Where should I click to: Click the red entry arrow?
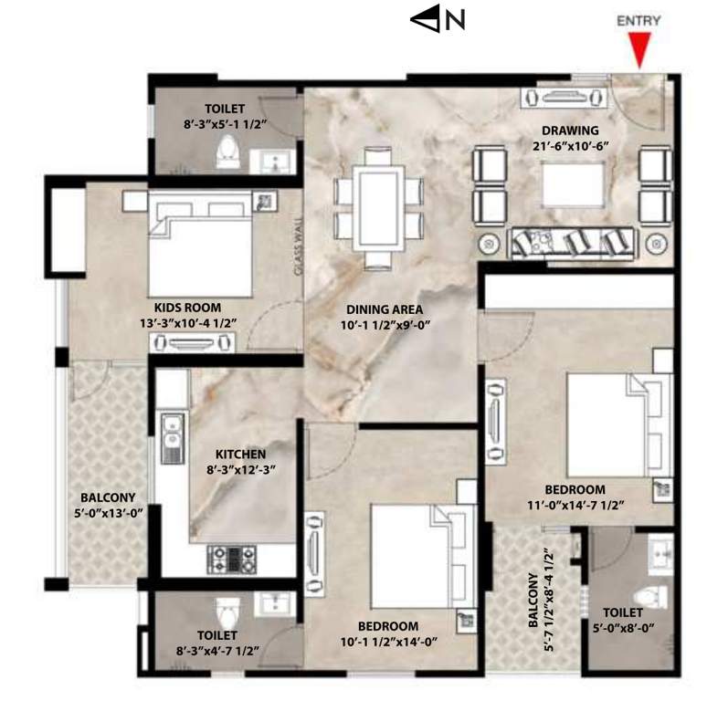(639, 48)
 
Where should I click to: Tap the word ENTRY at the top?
(639, 20)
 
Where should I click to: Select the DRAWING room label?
(568, 130)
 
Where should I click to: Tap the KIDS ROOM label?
(187, 308)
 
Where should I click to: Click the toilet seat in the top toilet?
(227, 156)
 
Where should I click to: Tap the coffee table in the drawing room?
(573, 183)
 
